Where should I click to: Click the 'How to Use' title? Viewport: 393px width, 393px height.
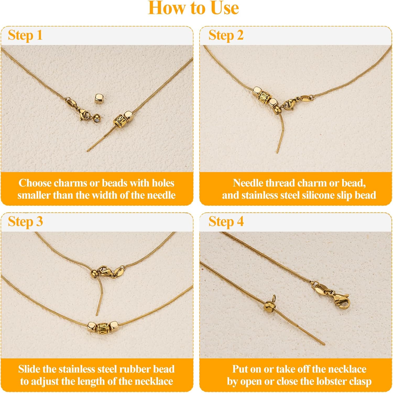(x=193, y=8)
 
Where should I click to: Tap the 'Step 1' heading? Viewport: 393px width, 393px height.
(x=25, y=35)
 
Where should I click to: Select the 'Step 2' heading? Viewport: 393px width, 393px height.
(x=226, y=35)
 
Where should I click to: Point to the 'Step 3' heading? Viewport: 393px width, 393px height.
(x=25, y=222)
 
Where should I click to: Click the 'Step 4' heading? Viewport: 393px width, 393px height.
(x=226, y=222)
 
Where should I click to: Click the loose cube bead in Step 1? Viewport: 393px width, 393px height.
(x=99, y=99)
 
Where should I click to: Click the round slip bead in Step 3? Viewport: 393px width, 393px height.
(x=94, y=274)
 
